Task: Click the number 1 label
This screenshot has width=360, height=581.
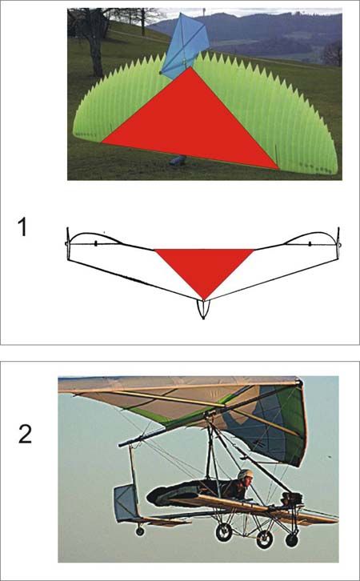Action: (x=22, y=227)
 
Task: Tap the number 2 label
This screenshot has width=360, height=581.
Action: (x=25, y=435)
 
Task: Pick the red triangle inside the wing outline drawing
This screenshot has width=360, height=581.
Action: (x=204, y=270)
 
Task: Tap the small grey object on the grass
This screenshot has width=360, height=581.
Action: (x=178, y=160)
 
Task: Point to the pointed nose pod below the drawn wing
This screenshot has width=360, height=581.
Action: (x=204, y=309)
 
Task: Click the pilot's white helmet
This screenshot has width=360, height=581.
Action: (x=245, y=475)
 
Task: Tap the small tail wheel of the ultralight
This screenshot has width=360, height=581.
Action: (x=140, y=531)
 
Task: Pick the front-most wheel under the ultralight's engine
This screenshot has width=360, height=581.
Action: (x=292, y=540)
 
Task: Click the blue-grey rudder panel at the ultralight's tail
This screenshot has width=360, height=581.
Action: (x=126, y=503)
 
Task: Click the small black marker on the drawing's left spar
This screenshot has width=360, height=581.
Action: (x=95, y=243)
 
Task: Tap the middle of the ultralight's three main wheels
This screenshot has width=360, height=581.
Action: (x=265, y=539)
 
